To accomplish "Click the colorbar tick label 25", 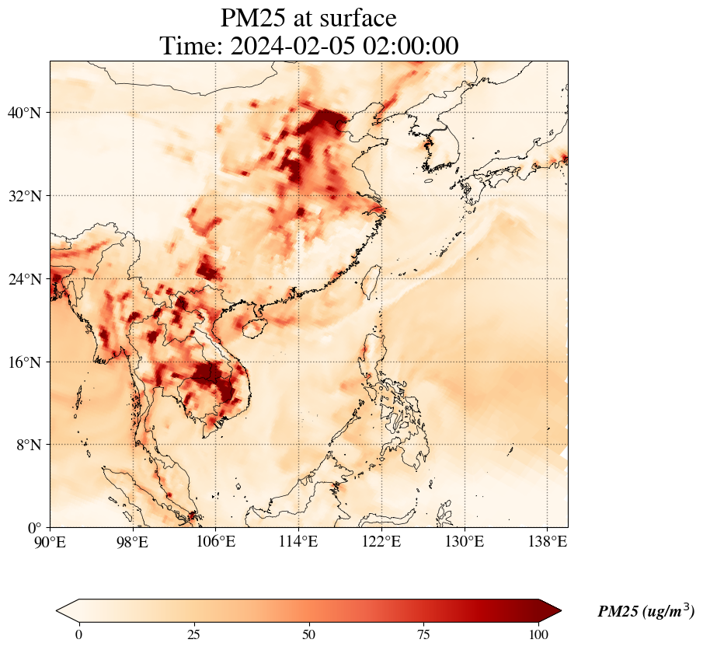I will coord(193,634).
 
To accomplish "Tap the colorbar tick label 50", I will coord(308,634).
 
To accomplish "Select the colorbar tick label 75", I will coord(423,634).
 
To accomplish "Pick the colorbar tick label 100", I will coord(538,634).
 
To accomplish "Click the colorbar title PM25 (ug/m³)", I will coord(646,612).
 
